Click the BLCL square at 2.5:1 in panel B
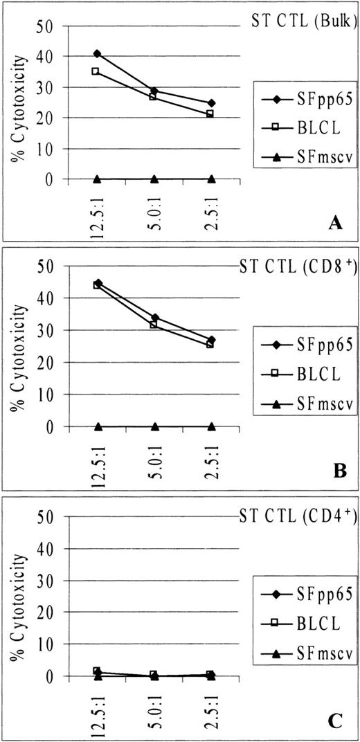[211, 344]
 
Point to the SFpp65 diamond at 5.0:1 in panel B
[154, 318]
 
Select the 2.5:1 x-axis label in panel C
[211, 706]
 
